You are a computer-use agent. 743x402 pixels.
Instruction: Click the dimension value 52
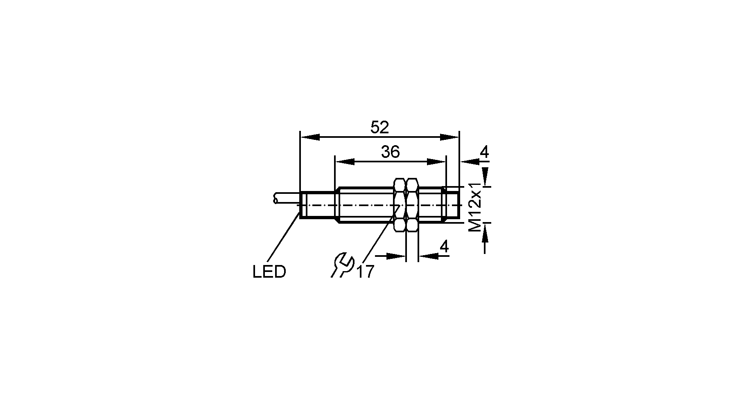[x=379, y=128]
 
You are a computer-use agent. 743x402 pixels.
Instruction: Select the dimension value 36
[x=390, y=152]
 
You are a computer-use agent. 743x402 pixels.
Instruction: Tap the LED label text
[x=269, y=272]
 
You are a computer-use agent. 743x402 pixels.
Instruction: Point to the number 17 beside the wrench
[x=366, y=272]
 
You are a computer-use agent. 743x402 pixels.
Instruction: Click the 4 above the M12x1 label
[x=484, y=153]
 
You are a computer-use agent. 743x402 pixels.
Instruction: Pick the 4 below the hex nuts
[x=444, y=247]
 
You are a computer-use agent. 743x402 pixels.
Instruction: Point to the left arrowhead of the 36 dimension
[x=344, y=162]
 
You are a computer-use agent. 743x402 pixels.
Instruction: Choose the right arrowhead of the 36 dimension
[x=436, y=162]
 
